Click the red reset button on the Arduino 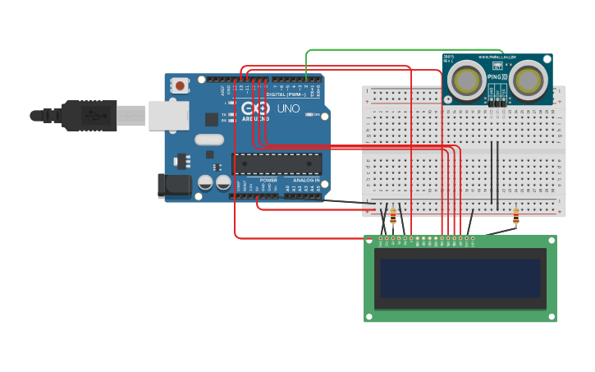pos(180,85)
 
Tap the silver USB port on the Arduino pos(168,115)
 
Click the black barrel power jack pos(174,186)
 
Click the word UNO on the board pos(288,108)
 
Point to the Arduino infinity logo pos(255,108)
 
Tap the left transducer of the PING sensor pos(467,80)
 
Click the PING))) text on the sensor pos(495,77)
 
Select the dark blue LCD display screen pos(460,278)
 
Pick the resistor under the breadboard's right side pos(515,216)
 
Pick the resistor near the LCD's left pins pos(393,217)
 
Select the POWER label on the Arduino pos(268,180)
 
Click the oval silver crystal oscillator pos(209,140)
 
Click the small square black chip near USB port pos(211,118)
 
